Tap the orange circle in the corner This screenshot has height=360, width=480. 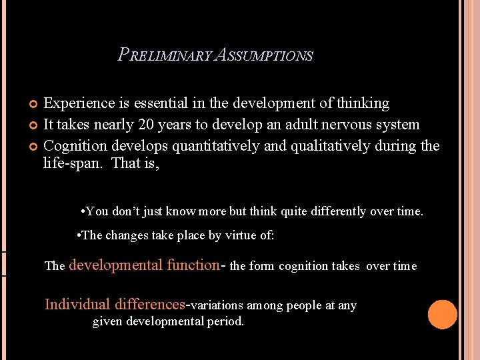442,315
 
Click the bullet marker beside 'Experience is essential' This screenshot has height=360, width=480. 34,104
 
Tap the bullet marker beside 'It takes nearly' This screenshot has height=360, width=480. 34,125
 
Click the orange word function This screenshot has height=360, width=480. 193,265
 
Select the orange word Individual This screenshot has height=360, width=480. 77,305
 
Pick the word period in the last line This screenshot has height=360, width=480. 226,321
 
